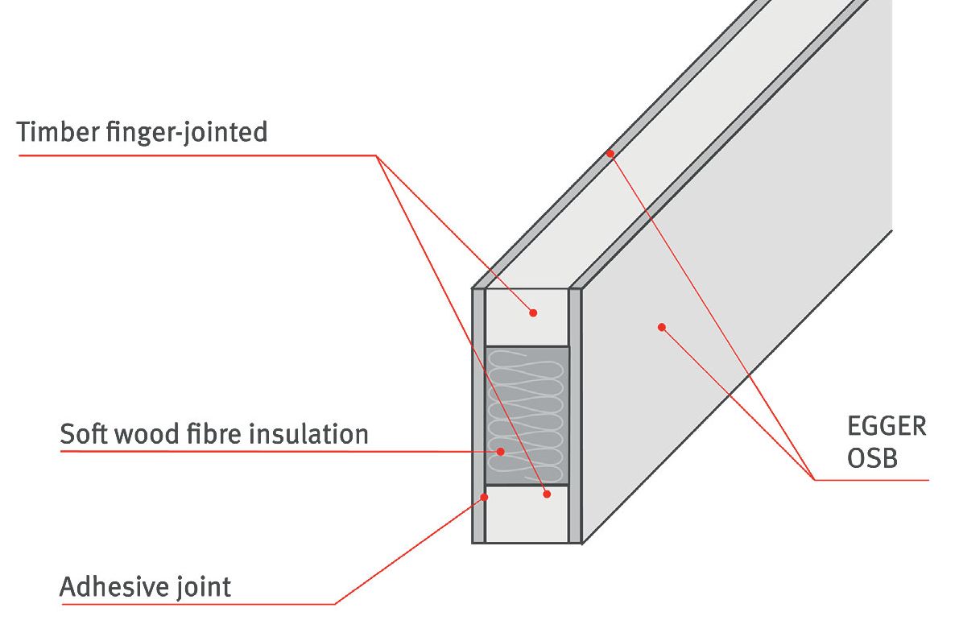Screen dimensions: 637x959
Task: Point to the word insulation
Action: click(310, 434)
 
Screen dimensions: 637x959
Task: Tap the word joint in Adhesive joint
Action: click(204, 587)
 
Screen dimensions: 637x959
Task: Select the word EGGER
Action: click(886, 427)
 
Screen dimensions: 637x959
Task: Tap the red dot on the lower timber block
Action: click(547, 494)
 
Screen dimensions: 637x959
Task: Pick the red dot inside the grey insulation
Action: click(500, 451)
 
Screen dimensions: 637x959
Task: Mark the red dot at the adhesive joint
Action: click(485, 497)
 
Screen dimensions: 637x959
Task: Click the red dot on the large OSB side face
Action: click(662, 327)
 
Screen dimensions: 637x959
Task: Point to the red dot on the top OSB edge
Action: click(610, 153)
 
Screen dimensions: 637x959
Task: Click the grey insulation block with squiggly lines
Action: click(527, 403)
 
